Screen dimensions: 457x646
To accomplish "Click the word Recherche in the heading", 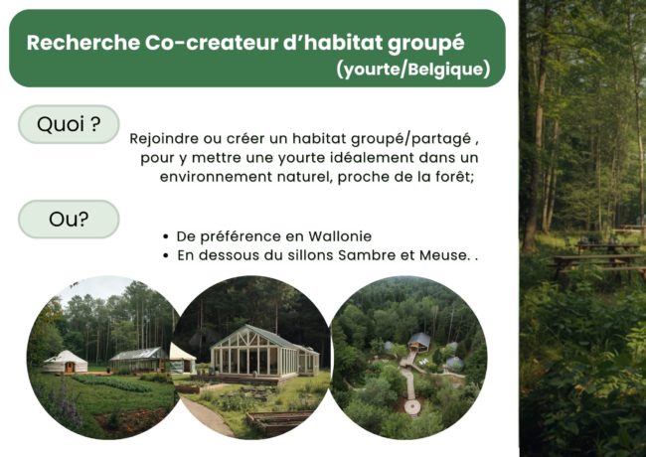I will point(81,43).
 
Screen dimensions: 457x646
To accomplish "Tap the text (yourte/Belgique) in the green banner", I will point(412,70).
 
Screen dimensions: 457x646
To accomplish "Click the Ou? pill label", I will point(69,220).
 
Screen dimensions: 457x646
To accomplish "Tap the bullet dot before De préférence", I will point(164,237).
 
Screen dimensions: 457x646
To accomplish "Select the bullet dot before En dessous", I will point(164,256).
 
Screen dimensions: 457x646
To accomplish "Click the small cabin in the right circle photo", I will point(418,342).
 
